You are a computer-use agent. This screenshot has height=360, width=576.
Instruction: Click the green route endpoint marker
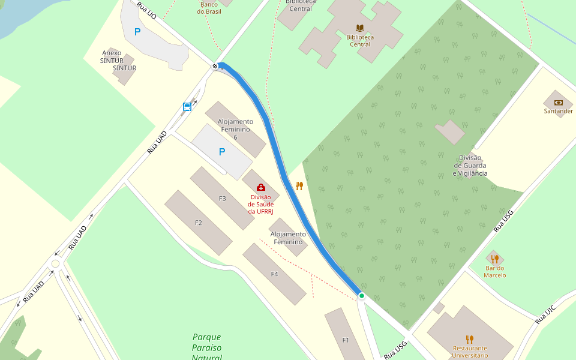[x=362, y=296]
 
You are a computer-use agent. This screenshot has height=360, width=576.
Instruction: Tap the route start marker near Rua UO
[x=215, y=65]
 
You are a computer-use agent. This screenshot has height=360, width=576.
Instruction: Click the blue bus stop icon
[x=187, y=107]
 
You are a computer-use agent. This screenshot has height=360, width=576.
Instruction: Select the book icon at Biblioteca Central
[x=360, y=28]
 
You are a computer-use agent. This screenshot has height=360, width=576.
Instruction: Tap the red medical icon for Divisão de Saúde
[x=260, y=187]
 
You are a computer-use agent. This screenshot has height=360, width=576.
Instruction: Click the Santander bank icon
[x=558, y=103]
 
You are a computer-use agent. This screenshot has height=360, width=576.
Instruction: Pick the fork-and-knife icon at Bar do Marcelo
[x=494, y=259]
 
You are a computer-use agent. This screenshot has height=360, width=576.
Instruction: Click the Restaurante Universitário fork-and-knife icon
[x=470, y=339]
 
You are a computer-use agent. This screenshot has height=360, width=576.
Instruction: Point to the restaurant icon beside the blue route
[x=299, y=185]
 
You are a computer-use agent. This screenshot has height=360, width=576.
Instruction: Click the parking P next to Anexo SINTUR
[x=137, y=32]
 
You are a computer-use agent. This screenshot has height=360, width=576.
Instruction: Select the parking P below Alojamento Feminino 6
[x=222, y=152]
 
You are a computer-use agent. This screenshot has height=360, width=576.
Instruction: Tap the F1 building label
[x=346, y=340]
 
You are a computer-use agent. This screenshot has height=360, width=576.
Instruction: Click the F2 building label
[x=199, y=223]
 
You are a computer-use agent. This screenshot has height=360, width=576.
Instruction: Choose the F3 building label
[x=223, y=199]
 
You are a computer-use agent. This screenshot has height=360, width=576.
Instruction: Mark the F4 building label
[x=274, y=274]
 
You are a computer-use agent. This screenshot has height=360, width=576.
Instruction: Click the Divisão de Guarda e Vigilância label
[x=470, y=166]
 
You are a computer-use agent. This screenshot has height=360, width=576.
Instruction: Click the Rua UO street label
[x=146, y=10]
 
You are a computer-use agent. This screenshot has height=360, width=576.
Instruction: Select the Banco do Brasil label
[x=209, y=7]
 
